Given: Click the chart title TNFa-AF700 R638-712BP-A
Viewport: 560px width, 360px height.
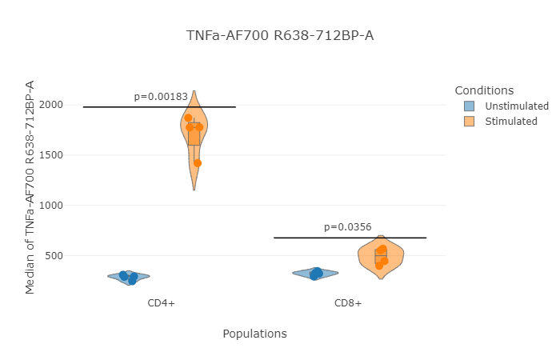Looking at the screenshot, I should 280,35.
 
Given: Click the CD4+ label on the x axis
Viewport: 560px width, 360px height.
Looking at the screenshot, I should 161,303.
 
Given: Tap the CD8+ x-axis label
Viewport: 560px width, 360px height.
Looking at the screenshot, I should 348,303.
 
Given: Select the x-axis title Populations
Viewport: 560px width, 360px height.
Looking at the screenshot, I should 254,334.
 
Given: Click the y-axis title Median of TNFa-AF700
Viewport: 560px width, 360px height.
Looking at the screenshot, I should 30,187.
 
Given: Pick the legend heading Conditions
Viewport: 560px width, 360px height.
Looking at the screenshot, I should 483,90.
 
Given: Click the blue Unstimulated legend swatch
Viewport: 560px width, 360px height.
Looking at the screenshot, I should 469,106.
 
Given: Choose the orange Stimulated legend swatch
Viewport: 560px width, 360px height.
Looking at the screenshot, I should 469,122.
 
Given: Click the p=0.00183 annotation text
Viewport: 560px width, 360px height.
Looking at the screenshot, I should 161,97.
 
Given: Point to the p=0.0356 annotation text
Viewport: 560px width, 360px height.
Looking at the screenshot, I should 348,227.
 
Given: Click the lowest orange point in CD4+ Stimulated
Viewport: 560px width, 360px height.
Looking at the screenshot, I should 198,163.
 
